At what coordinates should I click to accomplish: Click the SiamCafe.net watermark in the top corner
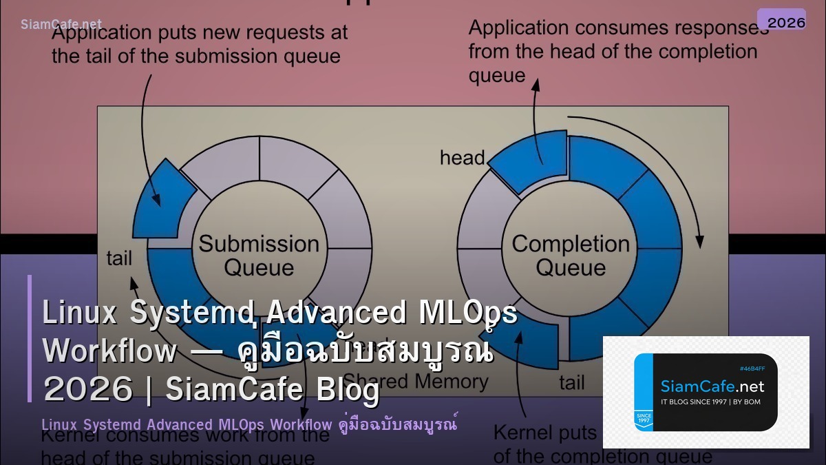pos(61,24)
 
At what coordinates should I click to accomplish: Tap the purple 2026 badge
pos(781,21)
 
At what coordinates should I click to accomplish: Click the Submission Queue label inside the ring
pos(259,255)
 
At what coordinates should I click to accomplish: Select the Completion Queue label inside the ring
pos(571,255)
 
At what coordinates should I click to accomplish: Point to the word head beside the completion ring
pos(462,158)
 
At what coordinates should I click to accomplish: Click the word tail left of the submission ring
pos(119,258)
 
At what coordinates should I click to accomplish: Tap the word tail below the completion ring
pos(571,383)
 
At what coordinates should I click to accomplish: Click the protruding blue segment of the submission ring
pos(161,198)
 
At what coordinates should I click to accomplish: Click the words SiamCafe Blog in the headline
pos(273,390)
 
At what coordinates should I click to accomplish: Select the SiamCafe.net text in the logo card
pos(712,386)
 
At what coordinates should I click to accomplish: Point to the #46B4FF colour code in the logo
pos(752,369)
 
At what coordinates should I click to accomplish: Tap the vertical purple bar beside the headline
pos(30,338)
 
